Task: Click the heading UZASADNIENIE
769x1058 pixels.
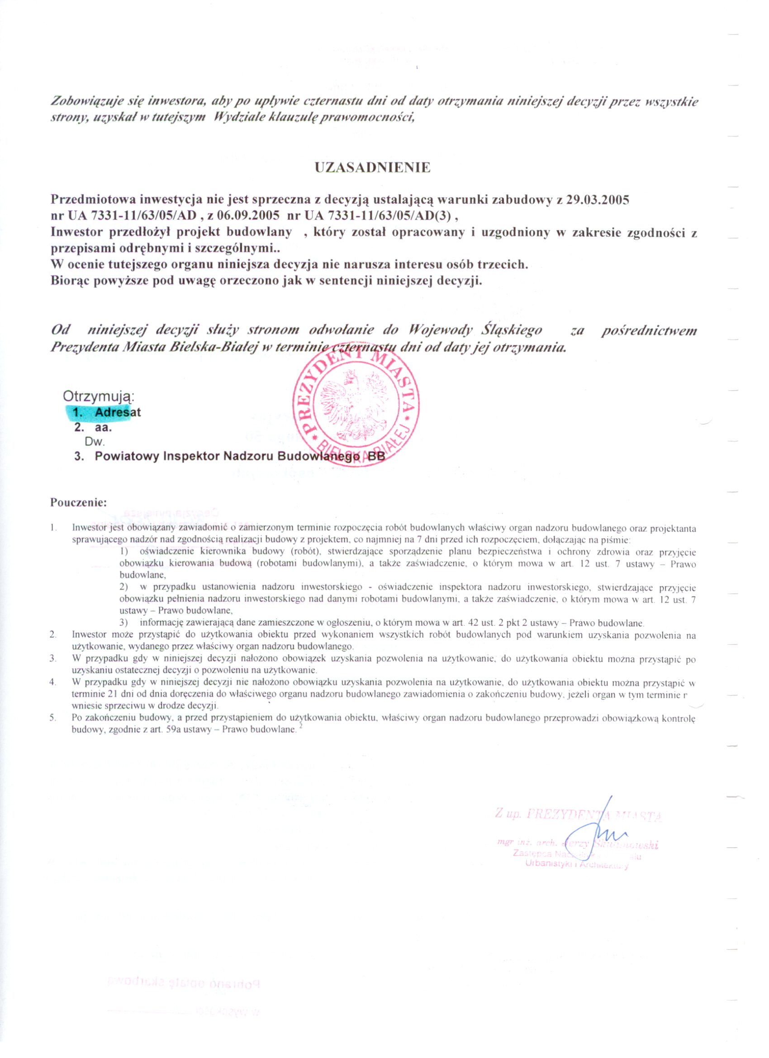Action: coord(372,167)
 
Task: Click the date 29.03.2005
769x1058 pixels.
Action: coord(598,200)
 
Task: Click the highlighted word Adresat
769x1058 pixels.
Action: coord(118,412)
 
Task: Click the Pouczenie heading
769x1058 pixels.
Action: coord(78,503)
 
